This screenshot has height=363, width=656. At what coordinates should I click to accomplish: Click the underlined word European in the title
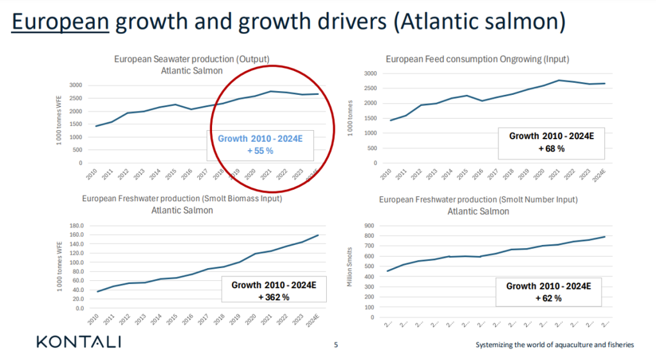pyautogui.click(x=60, y=23)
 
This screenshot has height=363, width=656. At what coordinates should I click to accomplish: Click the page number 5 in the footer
pyautogui.click(x=336, y=345)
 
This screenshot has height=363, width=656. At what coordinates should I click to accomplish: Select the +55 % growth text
pyautogui.click(x=260, y=150)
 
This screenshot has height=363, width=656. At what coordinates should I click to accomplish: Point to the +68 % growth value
pyautogui.click(x=550, y=148)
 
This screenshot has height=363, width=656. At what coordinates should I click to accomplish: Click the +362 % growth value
pyautogui.click(x=274, y=297)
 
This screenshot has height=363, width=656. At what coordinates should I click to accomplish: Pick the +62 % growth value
pyautogui.click(x=548, y=298)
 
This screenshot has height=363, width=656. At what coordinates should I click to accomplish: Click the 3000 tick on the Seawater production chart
pyautogui.click(x=77, y=85)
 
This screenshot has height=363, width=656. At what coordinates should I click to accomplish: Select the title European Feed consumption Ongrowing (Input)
pyautogui.click(x=477, y=59)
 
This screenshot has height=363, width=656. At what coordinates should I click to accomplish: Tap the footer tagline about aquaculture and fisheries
pyautogui.click(x=554, y=345)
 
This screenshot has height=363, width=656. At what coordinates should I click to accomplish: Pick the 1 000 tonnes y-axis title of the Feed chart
pyautogui.click(x=350, y=117)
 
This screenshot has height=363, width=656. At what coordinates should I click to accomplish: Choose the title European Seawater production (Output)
pyautogui.click(x=192, y=59)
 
